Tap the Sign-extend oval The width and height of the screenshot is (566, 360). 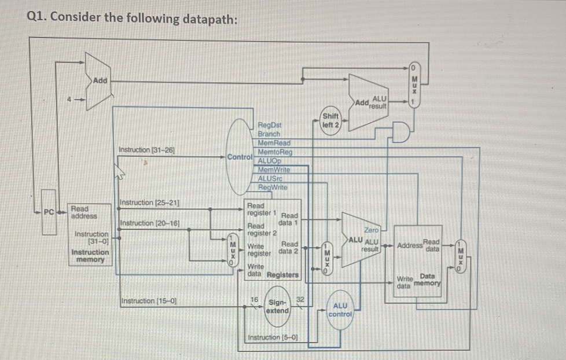point(277,306)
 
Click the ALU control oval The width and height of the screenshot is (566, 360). point(339,310)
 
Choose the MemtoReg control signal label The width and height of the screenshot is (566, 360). point(275,152)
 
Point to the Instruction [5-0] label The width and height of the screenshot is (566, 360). point(273,337)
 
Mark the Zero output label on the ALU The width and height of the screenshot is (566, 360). point(372,230)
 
